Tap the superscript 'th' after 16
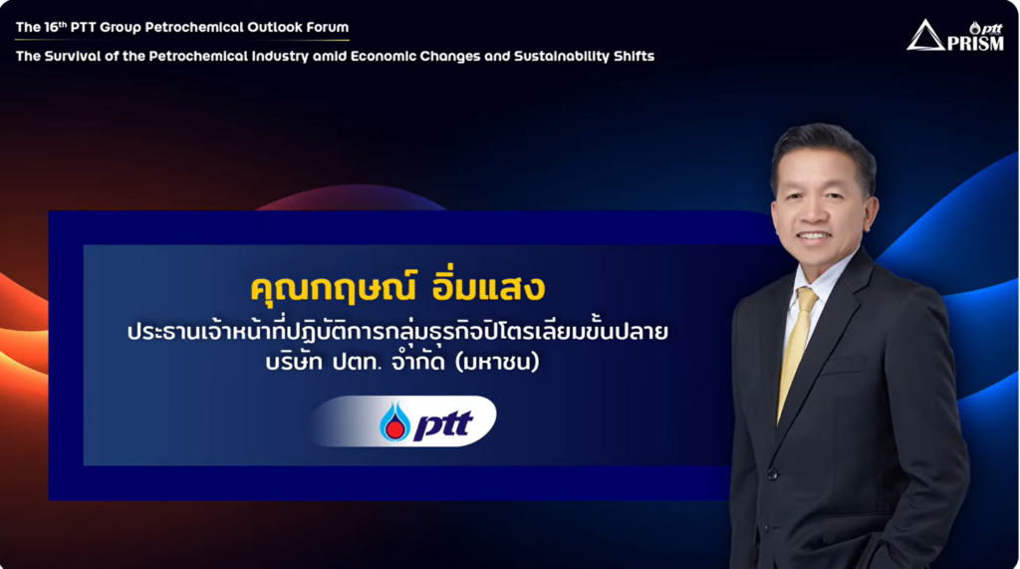click(63, 24)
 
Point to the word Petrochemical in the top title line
click(191, 27)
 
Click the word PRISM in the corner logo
click(975, 43)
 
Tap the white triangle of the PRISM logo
click(925, 36)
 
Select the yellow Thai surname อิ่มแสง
click(488, 287)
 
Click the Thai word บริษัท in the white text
click(294, 361)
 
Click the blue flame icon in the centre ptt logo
click(394, 422)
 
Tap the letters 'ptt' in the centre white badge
click(443, 426)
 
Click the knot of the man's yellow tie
click(807, 301)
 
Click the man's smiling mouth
click(814, 236)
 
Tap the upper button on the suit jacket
click(772, 474)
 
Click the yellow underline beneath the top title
click(182, 41)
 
